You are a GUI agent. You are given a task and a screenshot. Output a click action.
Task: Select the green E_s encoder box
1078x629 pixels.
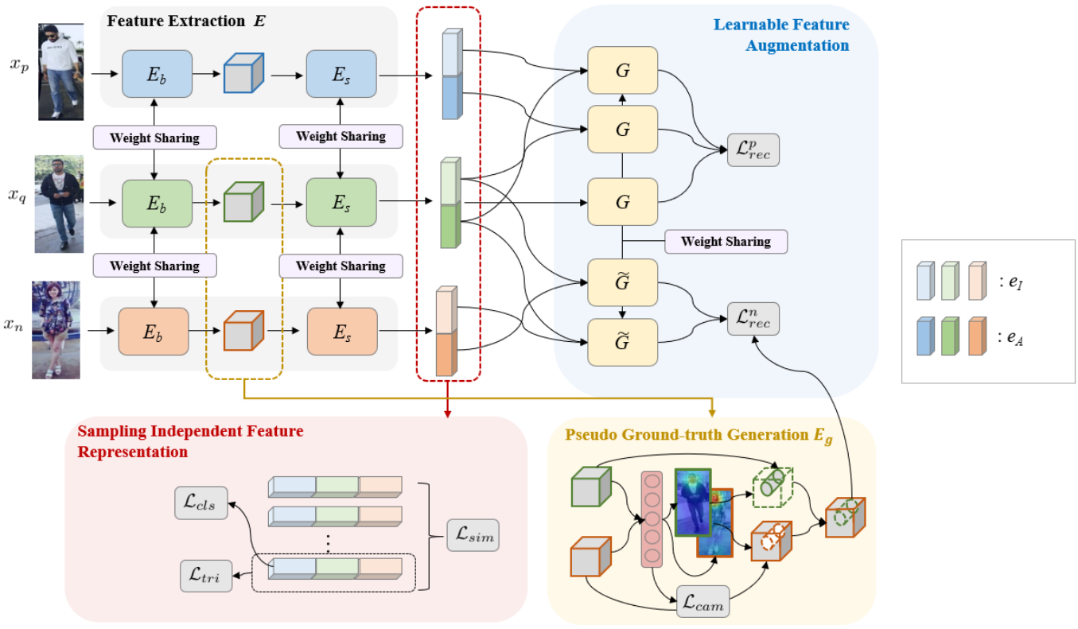point(341,204)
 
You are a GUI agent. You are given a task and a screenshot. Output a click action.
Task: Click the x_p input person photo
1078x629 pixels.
point(61,71)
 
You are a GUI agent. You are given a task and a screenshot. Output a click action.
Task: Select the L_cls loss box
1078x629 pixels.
point(200,503)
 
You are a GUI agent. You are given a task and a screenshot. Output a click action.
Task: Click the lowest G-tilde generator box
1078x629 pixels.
point(622,342)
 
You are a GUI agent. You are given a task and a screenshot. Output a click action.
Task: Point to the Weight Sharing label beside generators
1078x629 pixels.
point(726,242)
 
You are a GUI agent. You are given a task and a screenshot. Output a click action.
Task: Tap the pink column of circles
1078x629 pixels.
point(652,519)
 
